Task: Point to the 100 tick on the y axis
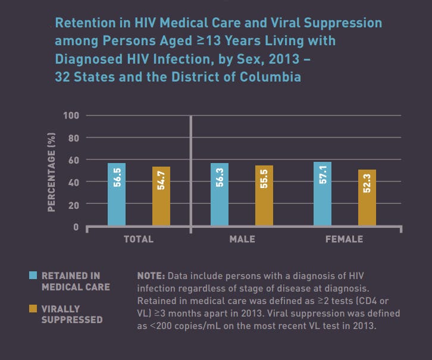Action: [x=71, y=115]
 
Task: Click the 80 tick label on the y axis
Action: [x=74, y=137]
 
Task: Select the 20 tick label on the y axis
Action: [x=74, y=204]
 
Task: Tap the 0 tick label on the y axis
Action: [x=76, y=227]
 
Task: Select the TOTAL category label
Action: [x=139, y=239]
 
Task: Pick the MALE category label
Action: [x=242, y=239]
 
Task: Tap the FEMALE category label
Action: [x=344, y=239]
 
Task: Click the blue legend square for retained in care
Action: [x=33, y=276]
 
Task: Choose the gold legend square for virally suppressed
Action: [x=33, y=309]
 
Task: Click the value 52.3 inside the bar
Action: [x=367, y=181]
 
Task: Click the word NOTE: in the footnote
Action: [x=151, y=276]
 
